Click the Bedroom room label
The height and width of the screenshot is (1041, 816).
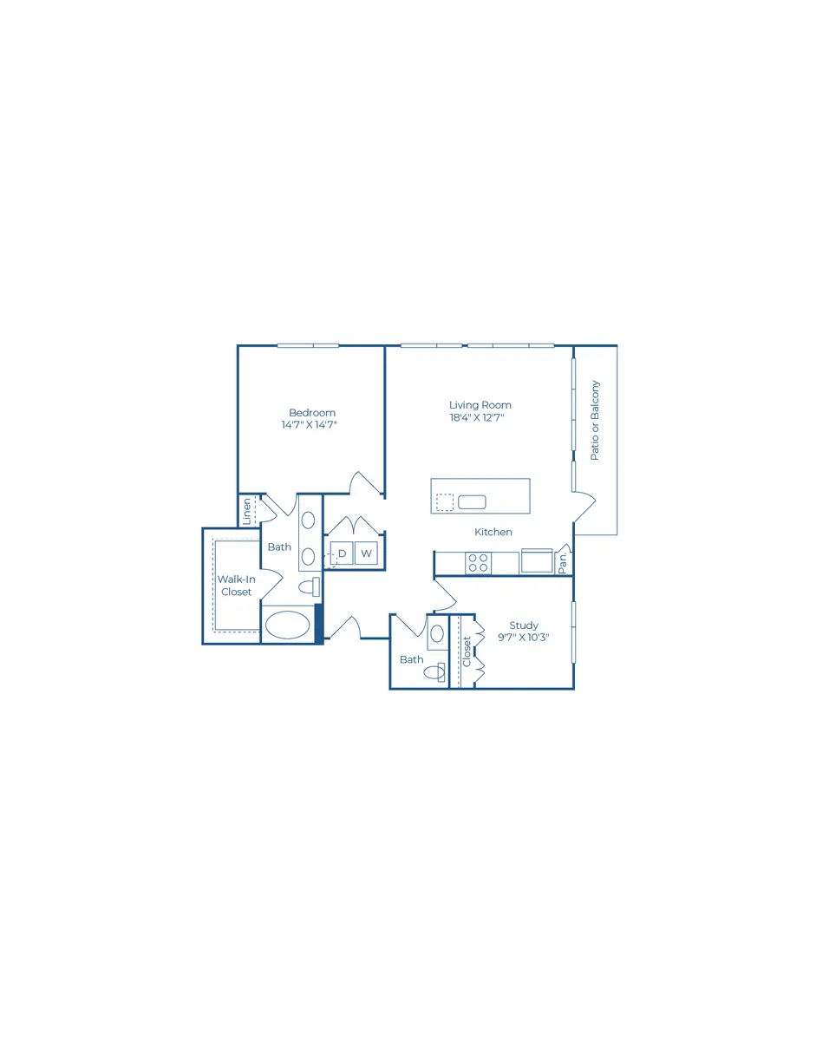(x=312, y=412)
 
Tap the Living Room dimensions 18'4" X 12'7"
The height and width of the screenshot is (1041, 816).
(x=476, y=417)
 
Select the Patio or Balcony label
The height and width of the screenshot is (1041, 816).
(x=595, y=421)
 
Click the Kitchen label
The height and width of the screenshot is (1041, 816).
(x=493, y=532)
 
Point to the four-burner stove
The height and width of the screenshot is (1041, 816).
(x=478, y=562)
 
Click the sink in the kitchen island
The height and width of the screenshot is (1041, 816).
(x=472, y=502)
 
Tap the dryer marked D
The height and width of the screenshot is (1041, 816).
(x=342, y=553)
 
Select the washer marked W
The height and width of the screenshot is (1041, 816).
(x=366, y=553)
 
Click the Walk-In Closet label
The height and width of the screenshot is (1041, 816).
(x=237, y=586)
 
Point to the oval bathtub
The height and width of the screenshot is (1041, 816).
(x=286, y=625)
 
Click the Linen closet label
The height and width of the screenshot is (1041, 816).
(x=247, y=511)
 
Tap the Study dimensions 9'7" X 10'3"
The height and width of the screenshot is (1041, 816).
(x=524, y=637)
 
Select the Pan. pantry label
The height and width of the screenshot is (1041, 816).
(x=563, y=563)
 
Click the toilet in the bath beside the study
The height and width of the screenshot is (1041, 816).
(x=434, y=672)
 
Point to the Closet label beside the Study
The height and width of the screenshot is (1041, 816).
(x=467, y=651)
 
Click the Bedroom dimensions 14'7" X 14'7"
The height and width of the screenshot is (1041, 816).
(x=310, y=424)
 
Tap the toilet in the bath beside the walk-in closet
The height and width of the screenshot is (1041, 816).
(x=309, y=586)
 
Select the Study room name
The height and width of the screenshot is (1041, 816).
(x=524, y=625)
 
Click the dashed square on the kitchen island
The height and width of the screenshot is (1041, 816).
(x=444, y=502)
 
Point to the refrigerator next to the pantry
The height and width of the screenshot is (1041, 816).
(x=537, y=561)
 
